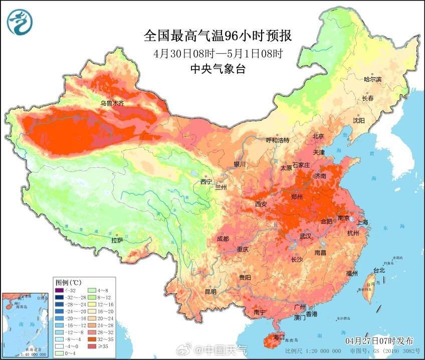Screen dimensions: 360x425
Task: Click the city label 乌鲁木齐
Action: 112,103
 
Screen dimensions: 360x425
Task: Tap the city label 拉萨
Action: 117,241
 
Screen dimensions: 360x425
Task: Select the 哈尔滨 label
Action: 372,79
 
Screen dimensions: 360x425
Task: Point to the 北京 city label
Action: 318,136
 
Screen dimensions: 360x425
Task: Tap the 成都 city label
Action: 223,239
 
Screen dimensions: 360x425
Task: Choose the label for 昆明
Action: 210,291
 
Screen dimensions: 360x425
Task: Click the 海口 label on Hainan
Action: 278,337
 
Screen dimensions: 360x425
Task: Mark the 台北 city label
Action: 379,270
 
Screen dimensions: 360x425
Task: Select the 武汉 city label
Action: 305,236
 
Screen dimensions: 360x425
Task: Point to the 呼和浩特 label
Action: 277,140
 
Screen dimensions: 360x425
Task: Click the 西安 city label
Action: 261,204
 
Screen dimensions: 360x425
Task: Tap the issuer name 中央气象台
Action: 218,70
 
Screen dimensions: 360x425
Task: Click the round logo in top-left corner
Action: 19,23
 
